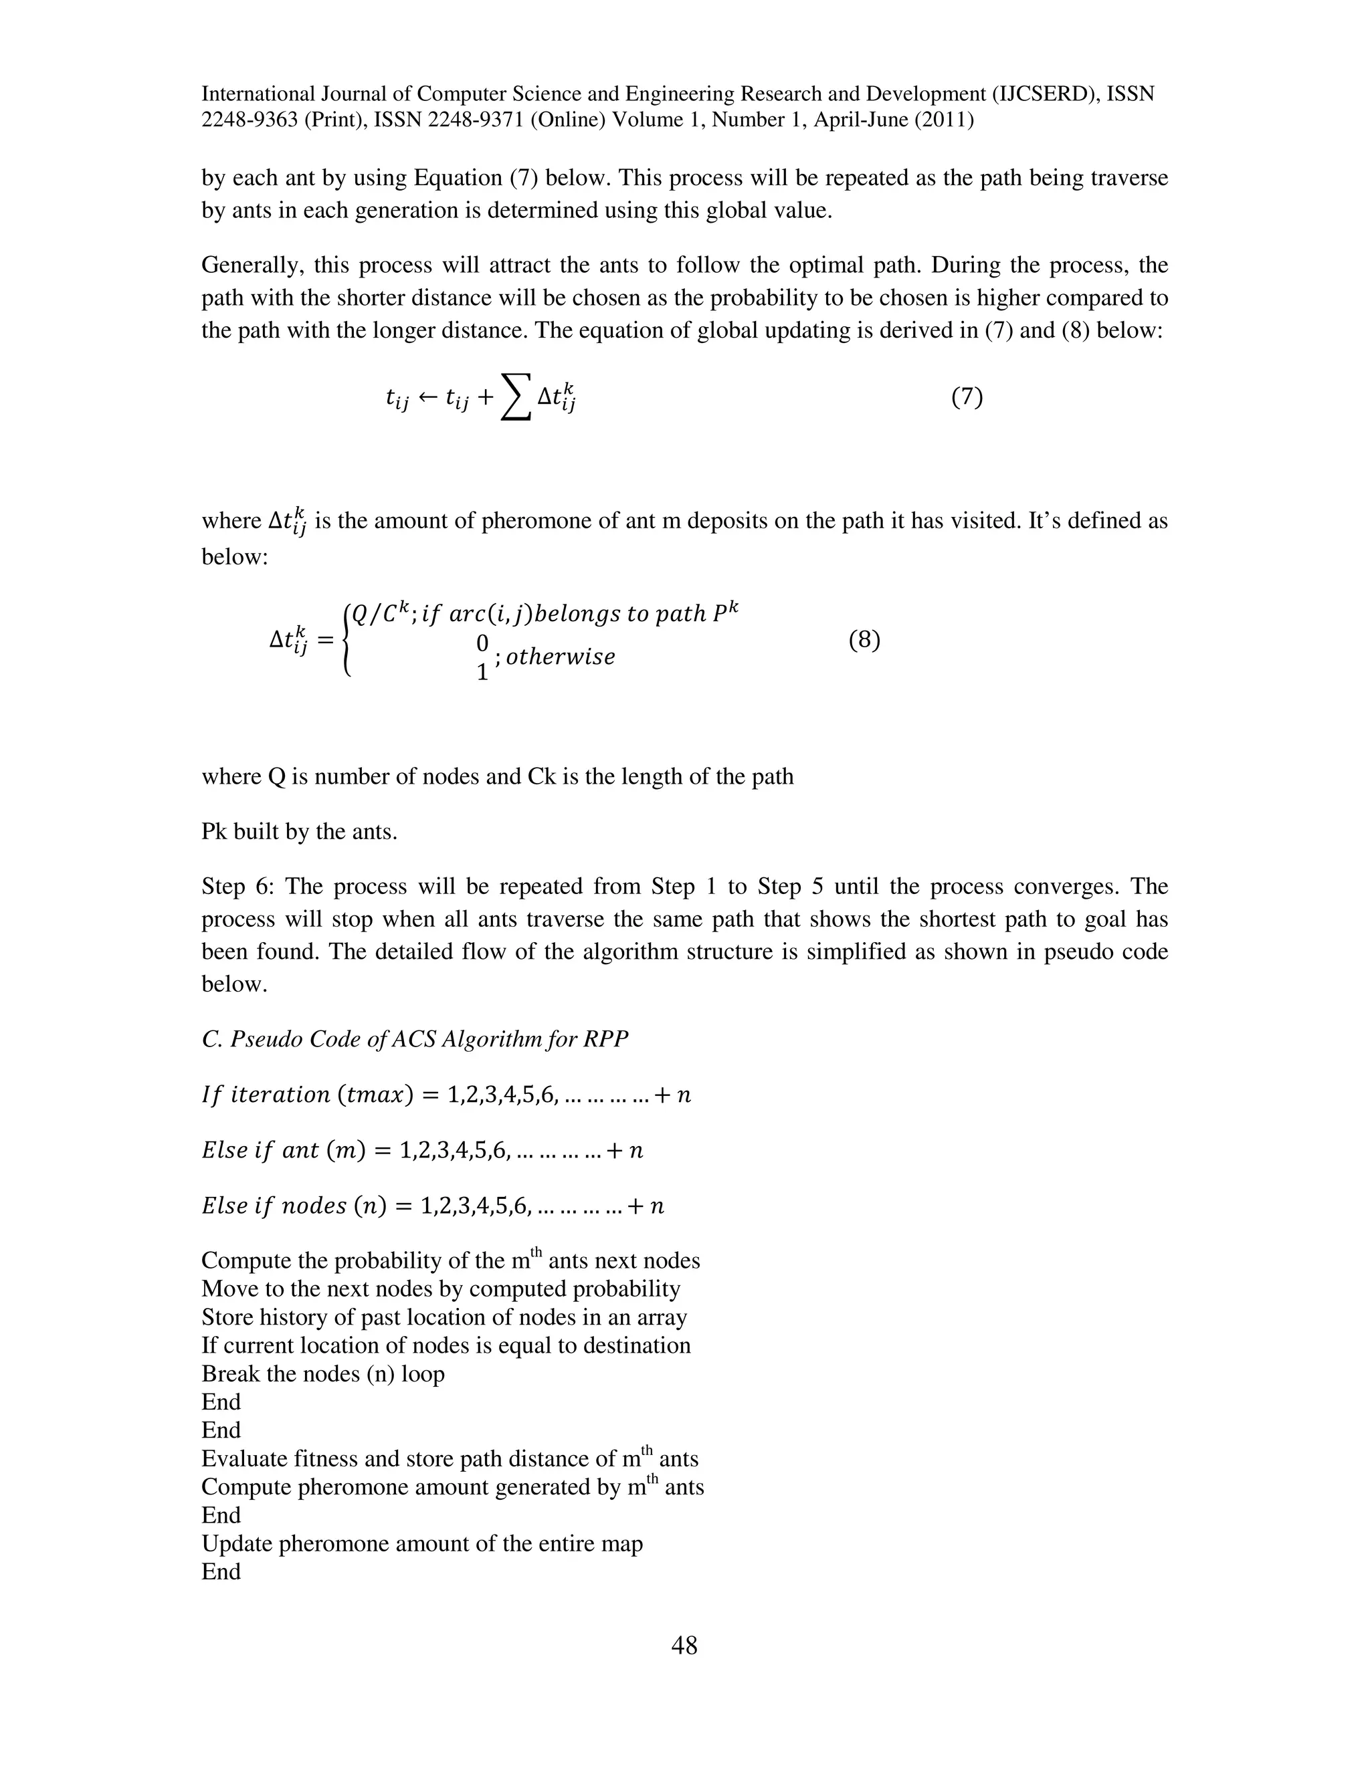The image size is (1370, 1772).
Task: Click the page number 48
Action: click(684, 1646)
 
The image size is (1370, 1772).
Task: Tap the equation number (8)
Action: click(864, 640)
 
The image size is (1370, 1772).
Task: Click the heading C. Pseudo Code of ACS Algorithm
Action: click(415, 1039)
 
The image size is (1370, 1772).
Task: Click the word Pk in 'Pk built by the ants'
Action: click(214, 832)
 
